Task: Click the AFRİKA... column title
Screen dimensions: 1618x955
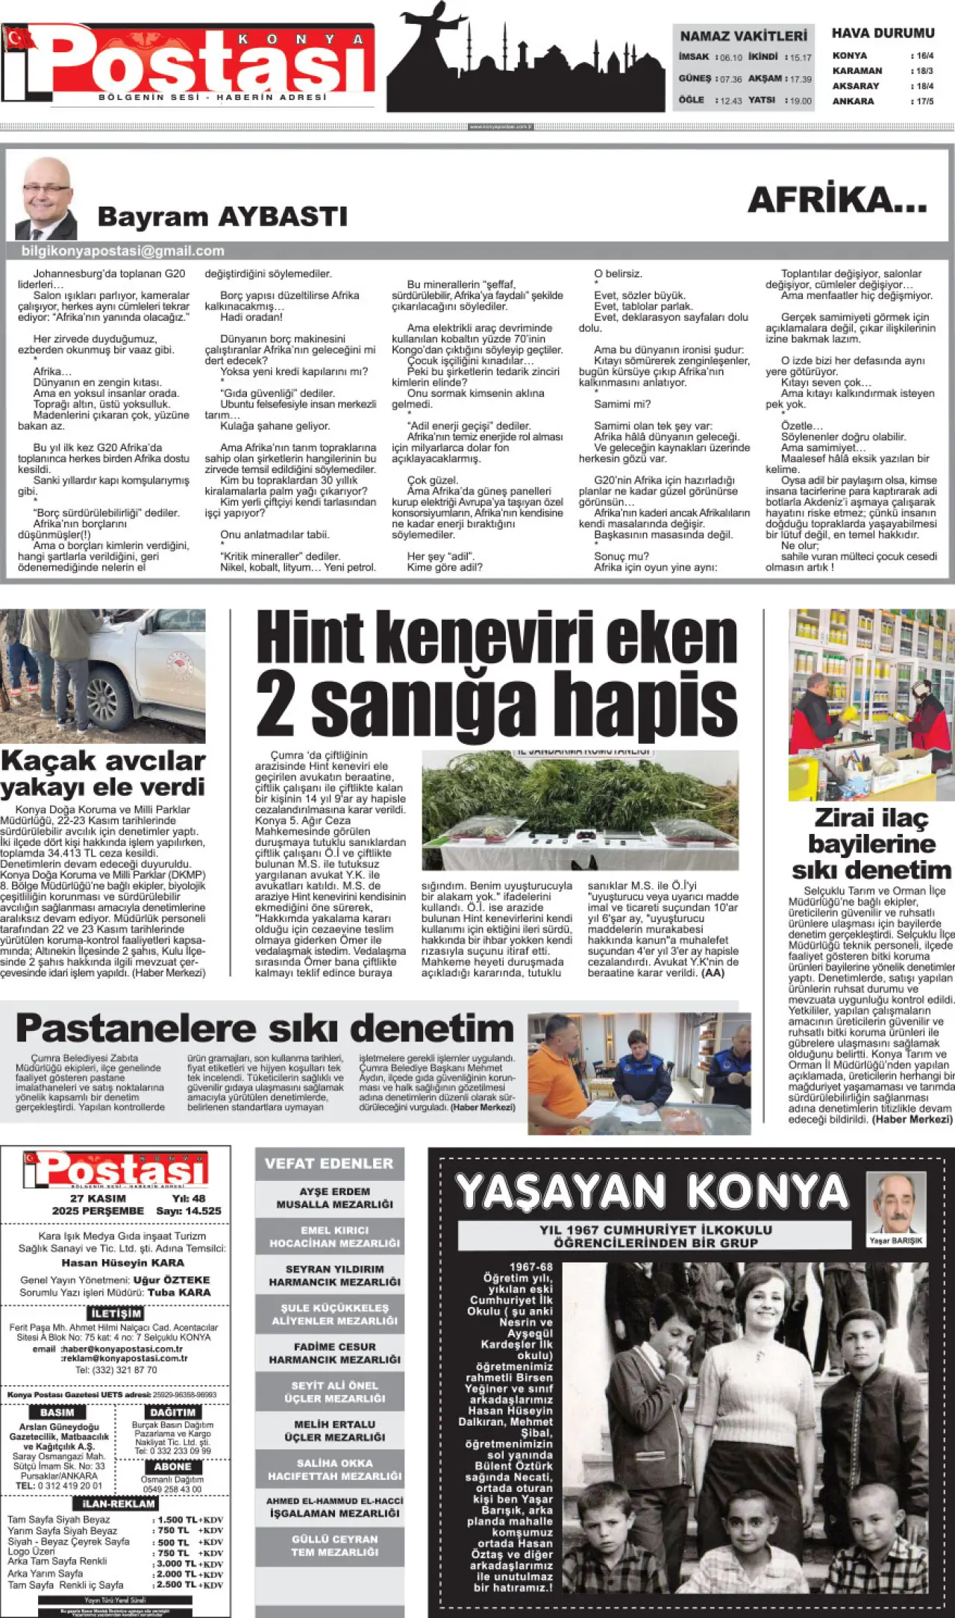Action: [837, 201]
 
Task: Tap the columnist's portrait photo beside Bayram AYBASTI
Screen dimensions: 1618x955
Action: [46, 198]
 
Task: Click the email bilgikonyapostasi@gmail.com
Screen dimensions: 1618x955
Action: [123, 251]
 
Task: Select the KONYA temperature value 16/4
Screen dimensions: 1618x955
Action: [924, 56]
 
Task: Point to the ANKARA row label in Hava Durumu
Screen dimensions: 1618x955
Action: [853, 101]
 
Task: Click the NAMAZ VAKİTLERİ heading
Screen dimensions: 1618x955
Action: [743, 36]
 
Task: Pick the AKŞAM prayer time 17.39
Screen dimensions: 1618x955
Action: [801, 79]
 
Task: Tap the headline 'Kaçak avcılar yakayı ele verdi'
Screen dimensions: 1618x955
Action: [103, 774]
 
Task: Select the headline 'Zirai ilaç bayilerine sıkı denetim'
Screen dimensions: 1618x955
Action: [871, 844]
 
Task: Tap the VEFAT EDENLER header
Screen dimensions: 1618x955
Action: [328, 1164]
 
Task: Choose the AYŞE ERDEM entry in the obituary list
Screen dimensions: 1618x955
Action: [334, 1198]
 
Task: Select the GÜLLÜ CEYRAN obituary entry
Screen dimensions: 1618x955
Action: [334, 1545]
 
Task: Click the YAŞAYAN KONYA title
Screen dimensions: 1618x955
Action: [651, 1191]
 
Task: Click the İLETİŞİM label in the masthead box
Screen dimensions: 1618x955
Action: [116, 1314]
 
